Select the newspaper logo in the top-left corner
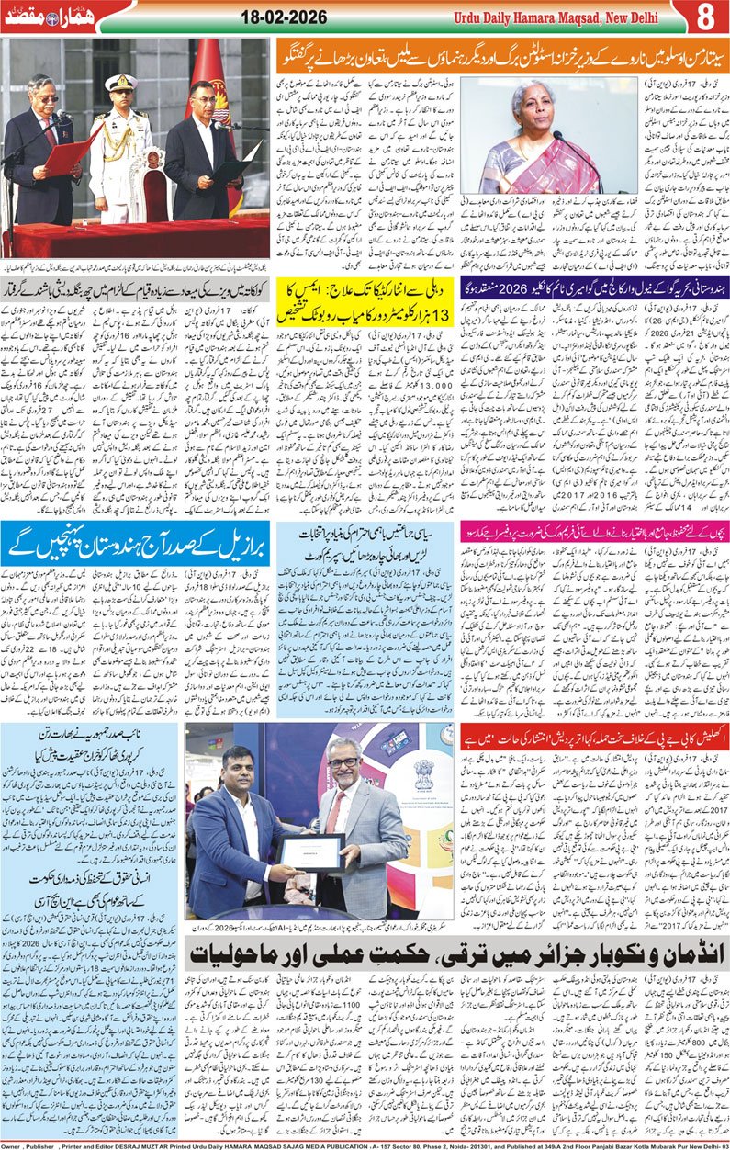46,17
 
